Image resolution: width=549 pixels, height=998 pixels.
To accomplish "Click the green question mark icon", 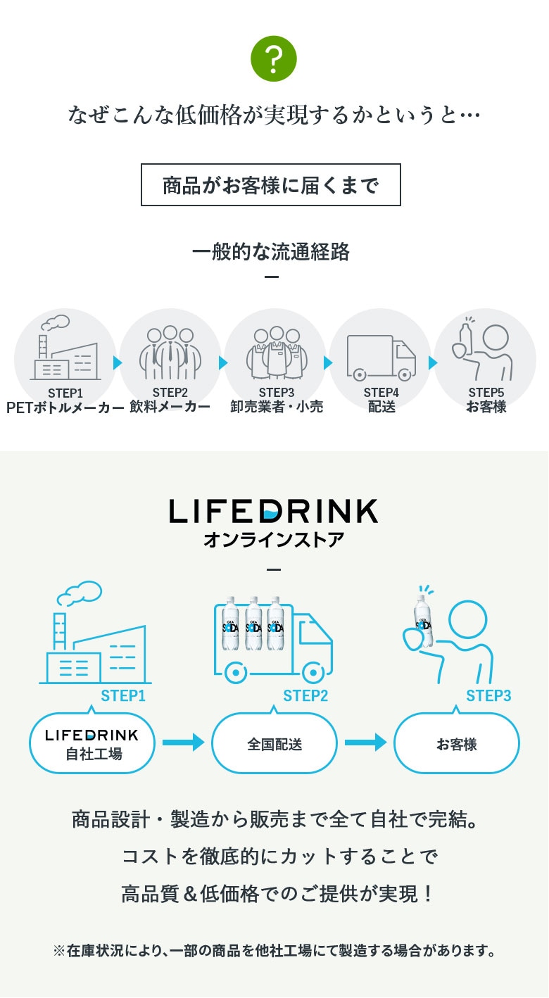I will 274,58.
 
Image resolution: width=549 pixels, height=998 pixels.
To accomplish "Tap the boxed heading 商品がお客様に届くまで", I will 271,185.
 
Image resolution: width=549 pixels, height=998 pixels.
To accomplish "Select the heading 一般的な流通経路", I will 271,252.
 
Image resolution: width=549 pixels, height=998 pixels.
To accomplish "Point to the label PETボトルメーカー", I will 65,407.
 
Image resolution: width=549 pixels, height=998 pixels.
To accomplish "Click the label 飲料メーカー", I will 170,407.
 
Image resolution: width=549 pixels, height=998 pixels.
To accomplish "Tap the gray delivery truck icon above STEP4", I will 381,358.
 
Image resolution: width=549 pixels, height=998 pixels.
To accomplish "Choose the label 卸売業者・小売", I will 277,407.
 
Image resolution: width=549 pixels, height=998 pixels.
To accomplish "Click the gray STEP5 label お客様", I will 486,407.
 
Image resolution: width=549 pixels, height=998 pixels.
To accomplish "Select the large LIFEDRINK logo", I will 274,511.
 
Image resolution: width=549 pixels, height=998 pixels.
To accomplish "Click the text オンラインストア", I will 274,540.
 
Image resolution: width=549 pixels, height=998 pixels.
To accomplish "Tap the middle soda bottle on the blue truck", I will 254,624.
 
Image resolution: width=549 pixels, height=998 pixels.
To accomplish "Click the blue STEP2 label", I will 305,696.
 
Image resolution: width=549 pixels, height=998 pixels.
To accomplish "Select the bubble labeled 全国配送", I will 274,743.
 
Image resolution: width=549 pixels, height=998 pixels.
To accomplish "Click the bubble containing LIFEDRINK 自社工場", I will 91,743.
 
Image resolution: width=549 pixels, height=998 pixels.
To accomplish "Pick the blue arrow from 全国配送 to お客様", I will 365,742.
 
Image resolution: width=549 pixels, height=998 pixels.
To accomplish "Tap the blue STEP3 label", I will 488,696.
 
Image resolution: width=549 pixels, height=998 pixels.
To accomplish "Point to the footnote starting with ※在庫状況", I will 274,951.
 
